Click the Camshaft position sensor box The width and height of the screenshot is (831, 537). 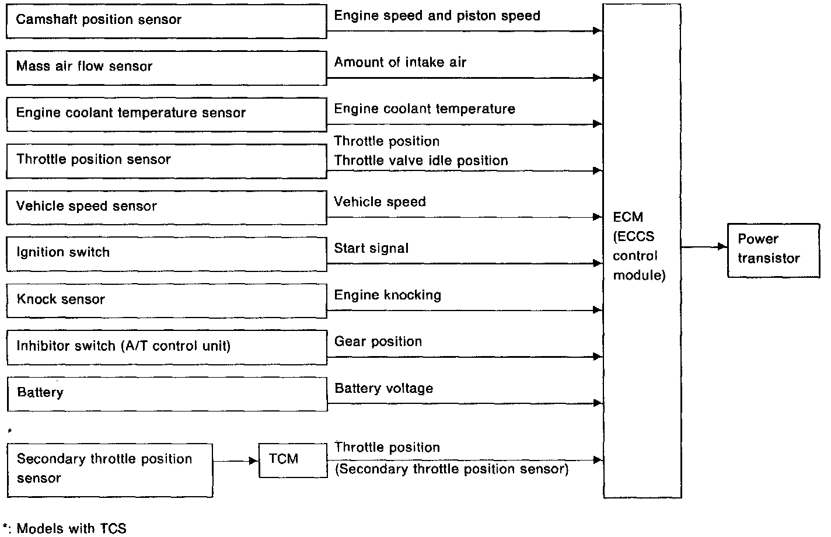point(166,21)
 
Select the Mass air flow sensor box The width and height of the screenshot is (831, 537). point(166,68)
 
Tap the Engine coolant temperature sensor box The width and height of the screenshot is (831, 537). point(166,114)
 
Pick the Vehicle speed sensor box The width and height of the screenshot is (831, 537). point(166,207)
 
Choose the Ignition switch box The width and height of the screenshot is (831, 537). point(166,253)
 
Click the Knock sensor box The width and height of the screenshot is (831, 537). point(166,301)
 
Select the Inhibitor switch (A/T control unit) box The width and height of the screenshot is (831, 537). point(166,347)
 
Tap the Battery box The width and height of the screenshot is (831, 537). point(166,393)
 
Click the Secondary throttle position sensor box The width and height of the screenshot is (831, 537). point(109,470)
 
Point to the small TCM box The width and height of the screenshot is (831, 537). point(292,460)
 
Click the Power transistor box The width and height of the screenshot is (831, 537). point(773,250)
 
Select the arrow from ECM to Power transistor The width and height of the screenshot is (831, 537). point(704,247)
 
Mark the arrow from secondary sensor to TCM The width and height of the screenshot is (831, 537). point(235,461)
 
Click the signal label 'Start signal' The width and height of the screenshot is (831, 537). point(371,249)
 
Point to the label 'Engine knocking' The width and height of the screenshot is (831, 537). point(387,295)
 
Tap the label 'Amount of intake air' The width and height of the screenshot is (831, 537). point(400,62)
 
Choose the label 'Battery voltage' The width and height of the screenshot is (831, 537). point(384,389)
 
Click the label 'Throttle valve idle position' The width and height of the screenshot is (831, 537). point(421,161)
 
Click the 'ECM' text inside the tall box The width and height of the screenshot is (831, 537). point(628,217)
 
